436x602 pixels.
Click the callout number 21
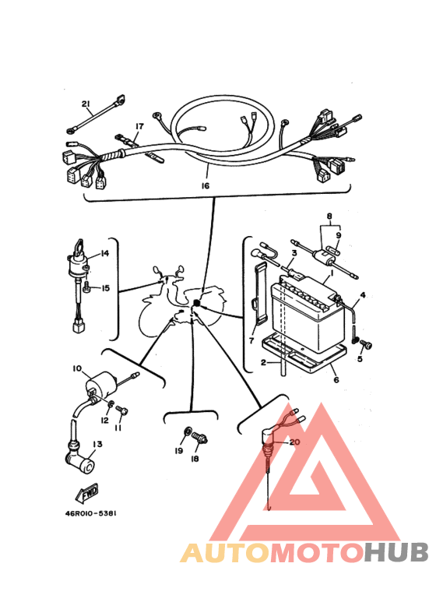(x=86, y=104)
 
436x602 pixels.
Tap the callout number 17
(x=139, y=126)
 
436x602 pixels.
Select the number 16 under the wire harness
(x=205, y=186)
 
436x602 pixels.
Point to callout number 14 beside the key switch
(x=105, y=253)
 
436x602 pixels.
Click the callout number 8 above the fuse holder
(x=329, y=217)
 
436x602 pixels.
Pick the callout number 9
(x=339, y=235)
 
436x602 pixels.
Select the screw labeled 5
(x=367, y=346)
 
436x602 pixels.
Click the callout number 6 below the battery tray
(x=336, y=380)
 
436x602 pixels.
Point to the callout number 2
(x=263, y=362)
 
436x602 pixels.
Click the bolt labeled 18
(x=201, y=438)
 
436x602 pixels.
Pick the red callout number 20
(x=294, y=442)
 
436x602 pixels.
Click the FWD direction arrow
(x=87, y=493)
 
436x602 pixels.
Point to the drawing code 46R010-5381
(x=90, y=513)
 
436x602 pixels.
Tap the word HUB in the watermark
(x=396, y=553)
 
